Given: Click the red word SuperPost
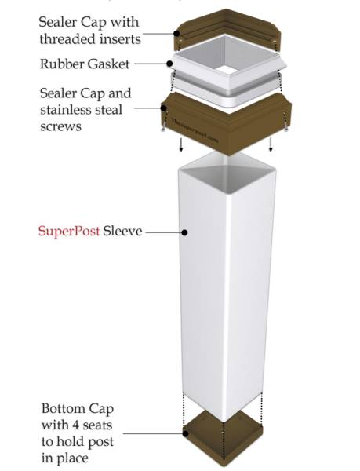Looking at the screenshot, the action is (x=69, y=232).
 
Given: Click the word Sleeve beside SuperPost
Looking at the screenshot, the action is (x=122, y=231).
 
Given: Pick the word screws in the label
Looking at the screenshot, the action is (x=60, y=126).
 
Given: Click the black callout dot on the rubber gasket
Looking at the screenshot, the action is (x=169, y=64).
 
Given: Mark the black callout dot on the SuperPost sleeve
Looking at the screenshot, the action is (x=185, y=232).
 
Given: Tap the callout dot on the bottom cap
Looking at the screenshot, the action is (x=186, y=433).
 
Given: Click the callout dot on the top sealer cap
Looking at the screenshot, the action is (x=176, y=33).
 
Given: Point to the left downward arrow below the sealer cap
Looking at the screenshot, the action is (x=181, y=144).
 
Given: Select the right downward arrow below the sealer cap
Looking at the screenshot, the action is (x=271, y=144).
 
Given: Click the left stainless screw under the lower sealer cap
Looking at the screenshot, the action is (x=163, y=127).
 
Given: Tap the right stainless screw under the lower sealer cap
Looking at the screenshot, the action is (x=286, y=126).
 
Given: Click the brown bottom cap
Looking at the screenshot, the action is (x=224, y=440).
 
